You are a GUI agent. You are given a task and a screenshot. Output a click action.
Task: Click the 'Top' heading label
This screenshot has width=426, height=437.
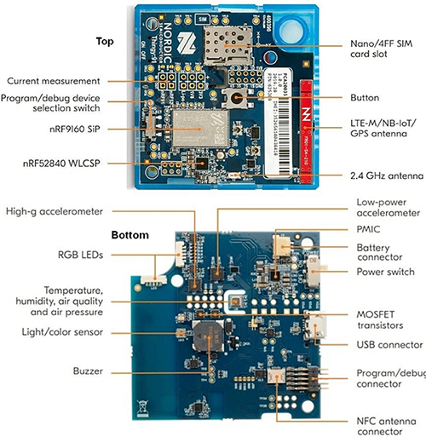[x=105, y=41]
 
